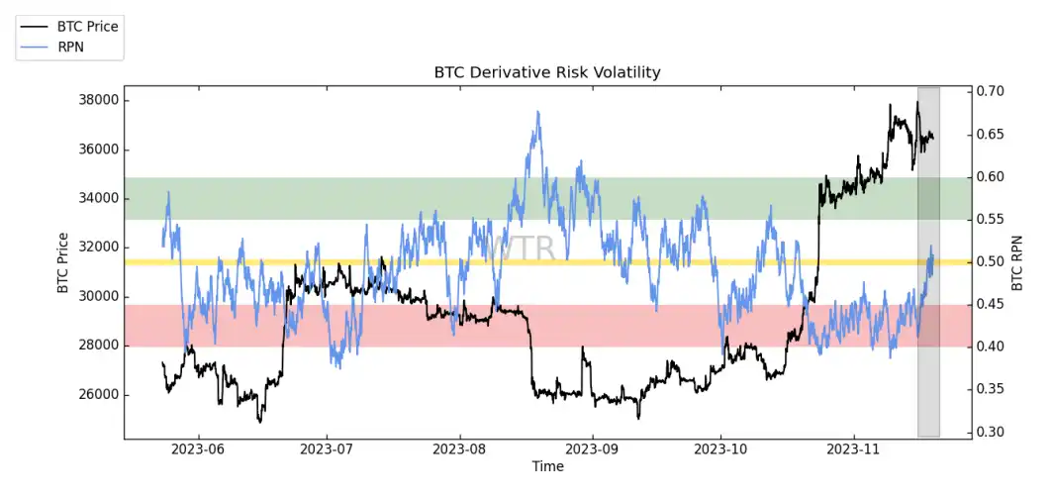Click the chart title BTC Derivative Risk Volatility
click(x=547, y=72)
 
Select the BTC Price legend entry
click(x=87, y=27)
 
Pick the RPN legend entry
click(x=72, y=46)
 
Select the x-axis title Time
click(x=547, y=466)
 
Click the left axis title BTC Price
click(x=63, y=262)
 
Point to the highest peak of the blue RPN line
click(x=537, y=112)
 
